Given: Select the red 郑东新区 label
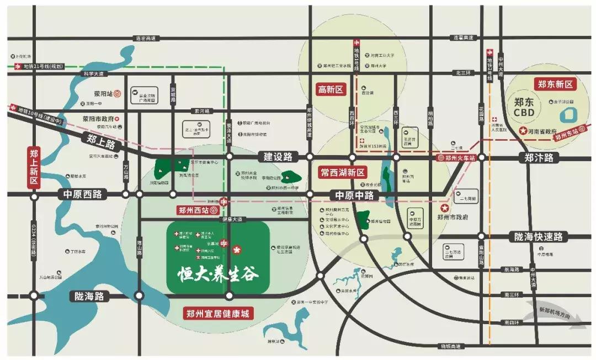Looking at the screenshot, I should click(x=555, y=84).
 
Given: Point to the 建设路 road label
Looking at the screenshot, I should click(x=277, y=157).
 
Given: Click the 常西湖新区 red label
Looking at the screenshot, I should click(x=343, y=172).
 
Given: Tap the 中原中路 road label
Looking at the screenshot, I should click(x=352, y=195).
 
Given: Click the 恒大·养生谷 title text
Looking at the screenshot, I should click(x=218, y=274).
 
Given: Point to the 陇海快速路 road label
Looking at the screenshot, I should click(x=538, y=236).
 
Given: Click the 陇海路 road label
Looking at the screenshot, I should click(x=89, y=296).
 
